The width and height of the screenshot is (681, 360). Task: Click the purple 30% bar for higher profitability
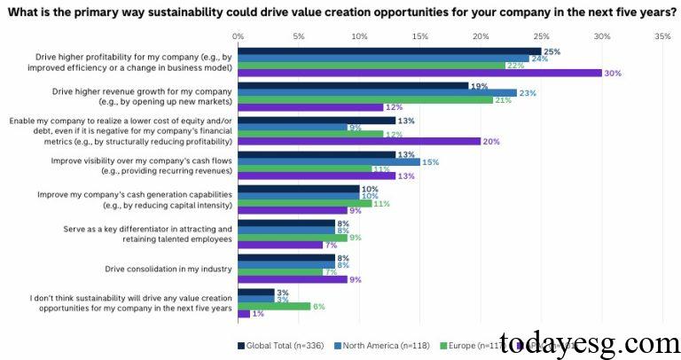point(419,73)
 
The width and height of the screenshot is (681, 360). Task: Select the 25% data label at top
point(552,51)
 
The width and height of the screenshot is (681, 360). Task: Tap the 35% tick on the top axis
point(661,36)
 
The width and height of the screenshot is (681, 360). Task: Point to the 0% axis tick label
point(238,36)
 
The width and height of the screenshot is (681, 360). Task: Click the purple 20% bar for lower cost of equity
point(359,141)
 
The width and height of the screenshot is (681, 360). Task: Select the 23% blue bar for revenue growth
point(377,92)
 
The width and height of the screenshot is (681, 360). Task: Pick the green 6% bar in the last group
point(274,305)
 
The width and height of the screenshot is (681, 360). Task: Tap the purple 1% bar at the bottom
point(243,313)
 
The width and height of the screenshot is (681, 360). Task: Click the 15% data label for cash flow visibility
point(430,161)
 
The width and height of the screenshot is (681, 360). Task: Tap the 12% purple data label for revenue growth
point(394,107)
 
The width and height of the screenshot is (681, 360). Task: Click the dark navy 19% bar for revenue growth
point(353,86)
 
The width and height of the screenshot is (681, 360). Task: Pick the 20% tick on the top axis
point(480,36)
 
